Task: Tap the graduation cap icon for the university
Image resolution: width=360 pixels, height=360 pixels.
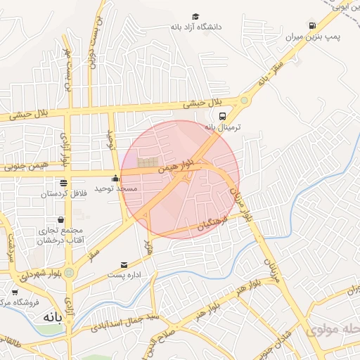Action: [x=195, y=16]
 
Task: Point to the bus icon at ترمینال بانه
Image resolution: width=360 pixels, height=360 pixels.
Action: [x=222, y=117]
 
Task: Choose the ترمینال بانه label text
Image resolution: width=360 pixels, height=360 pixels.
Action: [x=222, y=127]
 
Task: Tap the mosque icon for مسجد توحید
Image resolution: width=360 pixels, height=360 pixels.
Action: [x=115, y=179]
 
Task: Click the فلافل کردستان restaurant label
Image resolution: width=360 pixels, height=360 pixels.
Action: [x=64, y=193]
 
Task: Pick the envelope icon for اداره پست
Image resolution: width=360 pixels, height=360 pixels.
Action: [x=124, y=265]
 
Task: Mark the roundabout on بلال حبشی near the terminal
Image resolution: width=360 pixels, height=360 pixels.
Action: [x=244, y=101]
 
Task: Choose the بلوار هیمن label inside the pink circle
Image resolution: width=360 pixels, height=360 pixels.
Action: [x=173, y=169]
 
